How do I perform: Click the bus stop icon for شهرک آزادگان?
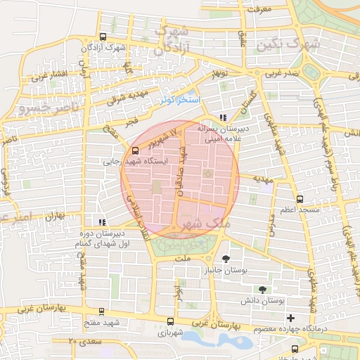tap(103, 37)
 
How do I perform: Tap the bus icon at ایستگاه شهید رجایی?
tap(135, 150)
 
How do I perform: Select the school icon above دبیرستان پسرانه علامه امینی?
tap(223, 118)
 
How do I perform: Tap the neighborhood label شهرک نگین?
tap(288, 44)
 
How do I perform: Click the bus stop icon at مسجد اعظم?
tap(300, 199)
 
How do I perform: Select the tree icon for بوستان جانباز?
tap(225, 259)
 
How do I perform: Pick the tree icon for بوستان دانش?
tap(262, 289)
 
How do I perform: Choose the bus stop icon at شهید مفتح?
tap(103, 311)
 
